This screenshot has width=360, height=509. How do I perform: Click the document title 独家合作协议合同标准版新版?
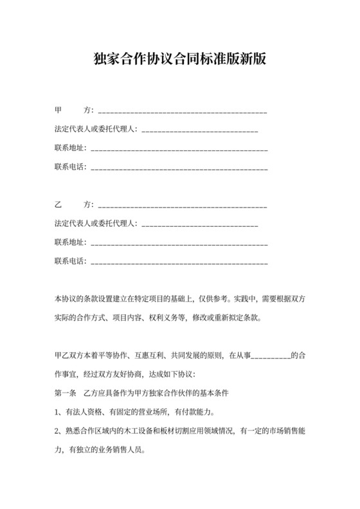(x=179, y=60)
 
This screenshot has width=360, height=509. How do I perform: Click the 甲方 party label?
(x=74, y=111)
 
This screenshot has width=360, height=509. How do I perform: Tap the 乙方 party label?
(x=74, y=205)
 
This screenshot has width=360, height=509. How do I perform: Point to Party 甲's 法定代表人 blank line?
(x=199, y=130)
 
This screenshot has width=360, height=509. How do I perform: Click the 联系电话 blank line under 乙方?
(x=180, y=262)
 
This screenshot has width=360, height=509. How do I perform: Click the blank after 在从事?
(x=273, y=355)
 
